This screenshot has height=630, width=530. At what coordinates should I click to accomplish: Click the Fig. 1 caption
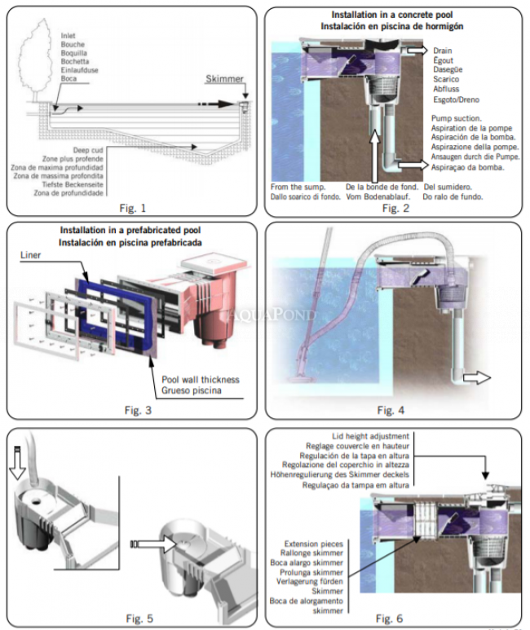[133, 206]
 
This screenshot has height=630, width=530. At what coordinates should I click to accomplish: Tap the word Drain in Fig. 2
[443, 51]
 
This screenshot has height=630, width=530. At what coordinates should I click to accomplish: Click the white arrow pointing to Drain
[416, 51]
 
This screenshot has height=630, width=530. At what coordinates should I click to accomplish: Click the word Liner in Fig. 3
[30, 255]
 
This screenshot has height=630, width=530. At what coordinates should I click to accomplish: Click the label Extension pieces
[309, 543]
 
